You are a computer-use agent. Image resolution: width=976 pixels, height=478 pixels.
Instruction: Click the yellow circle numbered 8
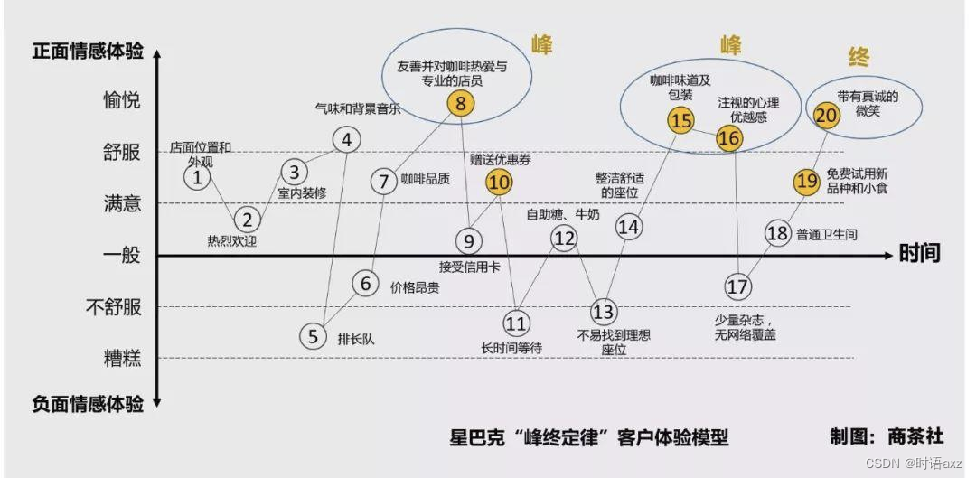point(460,104)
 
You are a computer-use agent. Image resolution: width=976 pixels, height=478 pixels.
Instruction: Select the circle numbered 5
point(313,336)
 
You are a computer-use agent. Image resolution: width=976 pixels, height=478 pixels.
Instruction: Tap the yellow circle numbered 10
point(498,182)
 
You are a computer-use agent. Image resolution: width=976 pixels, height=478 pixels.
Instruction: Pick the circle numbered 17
point(737,286)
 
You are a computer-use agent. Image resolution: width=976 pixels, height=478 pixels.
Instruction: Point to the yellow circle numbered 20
point(826,115)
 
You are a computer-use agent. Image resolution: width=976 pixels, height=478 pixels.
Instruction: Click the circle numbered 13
point(603,312)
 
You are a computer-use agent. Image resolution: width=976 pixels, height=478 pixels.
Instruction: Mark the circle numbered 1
point(197,178)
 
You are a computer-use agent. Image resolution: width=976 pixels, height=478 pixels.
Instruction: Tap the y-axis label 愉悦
point(122,100)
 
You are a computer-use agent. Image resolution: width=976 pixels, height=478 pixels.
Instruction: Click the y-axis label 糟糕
point(122,359)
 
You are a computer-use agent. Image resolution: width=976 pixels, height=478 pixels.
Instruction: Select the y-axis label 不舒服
point(114,307)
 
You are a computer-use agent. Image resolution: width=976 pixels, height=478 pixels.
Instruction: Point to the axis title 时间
point(920,254)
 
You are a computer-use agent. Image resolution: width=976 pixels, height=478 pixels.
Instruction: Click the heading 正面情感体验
point(88,52)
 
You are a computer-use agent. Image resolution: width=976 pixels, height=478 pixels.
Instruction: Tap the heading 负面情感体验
point(88,404)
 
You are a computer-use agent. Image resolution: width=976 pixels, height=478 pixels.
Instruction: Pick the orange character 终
point(859,58)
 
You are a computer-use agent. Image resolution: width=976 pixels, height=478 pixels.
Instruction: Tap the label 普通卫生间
point(827,235)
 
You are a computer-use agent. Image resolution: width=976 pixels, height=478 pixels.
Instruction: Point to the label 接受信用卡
point(469,266)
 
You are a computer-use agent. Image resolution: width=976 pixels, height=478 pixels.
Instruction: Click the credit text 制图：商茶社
point(887,437)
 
